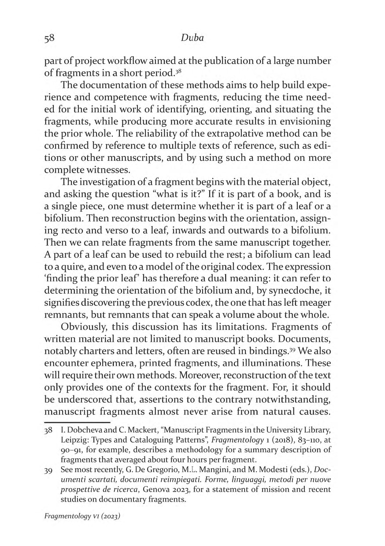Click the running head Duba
[192, 38]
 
